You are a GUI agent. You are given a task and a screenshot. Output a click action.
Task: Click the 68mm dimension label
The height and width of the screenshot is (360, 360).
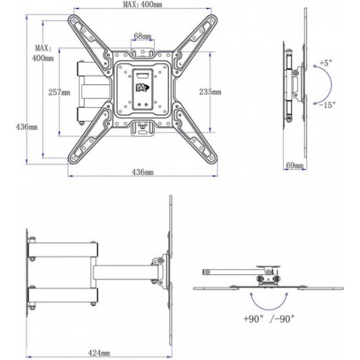[x=143, y=36]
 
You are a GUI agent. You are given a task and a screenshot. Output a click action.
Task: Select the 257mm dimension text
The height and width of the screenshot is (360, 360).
[x=59, y=92]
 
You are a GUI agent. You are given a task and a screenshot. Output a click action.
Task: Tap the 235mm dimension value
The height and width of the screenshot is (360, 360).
[x=210, y=91]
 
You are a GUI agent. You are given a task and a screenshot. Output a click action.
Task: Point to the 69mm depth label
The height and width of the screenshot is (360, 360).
[x=295, y=165]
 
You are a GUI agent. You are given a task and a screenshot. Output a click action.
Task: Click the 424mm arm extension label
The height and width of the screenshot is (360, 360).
[x=99, y=353]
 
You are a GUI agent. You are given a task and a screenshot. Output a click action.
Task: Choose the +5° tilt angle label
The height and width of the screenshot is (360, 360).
[x=326, y=63]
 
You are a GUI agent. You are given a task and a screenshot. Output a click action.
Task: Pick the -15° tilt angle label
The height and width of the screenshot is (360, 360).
[x=327, y=105]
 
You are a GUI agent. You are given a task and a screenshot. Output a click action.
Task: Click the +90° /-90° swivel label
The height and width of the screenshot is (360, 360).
[x=269, y=319]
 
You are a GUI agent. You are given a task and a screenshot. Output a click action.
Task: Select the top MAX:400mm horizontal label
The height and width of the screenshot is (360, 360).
[x=143, y=4]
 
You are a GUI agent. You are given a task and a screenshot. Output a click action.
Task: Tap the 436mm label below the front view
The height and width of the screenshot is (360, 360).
[x=143, y=172]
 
